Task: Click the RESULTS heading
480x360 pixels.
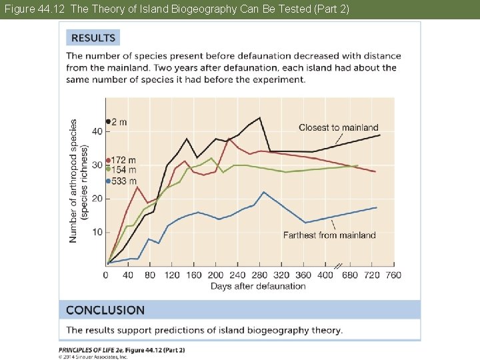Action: coord(93,38)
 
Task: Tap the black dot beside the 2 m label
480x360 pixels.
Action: coord(108,121)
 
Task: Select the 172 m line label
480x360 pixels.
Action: coord(123,161)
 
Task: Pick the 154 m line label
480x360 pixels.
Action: coord(123,171)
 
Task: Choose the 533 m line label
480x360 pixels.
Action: coord(123,181)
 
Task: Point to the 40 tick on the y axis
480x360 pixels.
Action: coord(97,131)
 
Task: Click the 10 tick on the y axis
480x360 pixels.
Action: coord(97,232)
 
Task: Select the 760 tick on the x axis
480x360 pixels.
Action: coord(393,275)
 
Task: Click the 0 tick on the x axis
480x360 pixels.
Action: coord(106,275)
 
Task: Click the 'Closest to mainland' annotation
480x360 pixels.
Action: coord(338,127)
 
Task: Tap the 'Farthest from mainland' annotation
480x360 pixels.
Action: coord(329,235)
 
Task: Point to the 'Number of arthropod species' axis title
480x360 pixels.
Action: coord(74,181)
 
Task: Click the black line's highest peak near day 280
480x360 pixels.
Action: coord(259,118)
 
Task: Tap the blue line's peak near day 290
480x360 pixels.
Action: coord(264,192)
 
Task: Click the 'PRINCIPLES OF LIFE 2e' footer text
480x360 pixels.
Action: coord(100,349)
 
